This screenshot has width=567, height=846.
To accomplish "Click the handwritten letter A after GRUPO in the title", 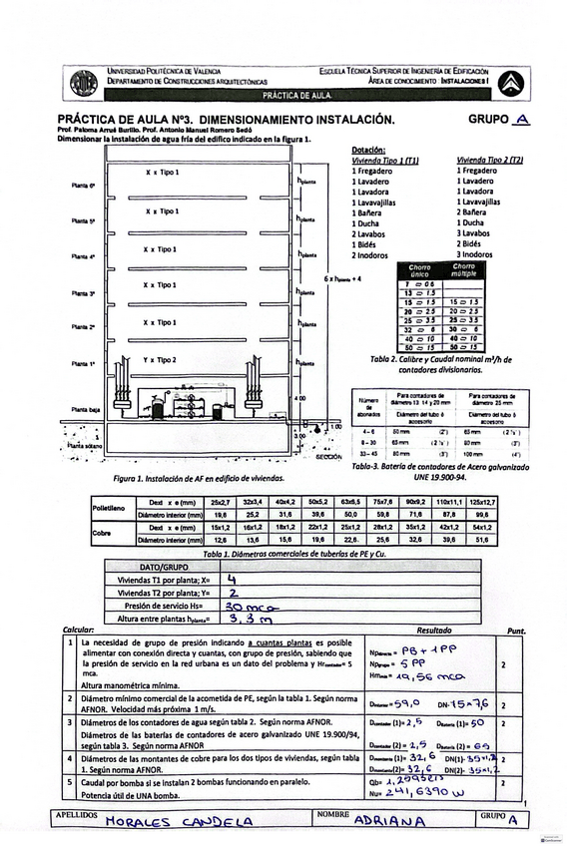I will coord(518,120).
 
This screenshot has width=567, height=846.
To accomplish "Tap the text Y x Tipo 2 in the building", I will coord(160,359).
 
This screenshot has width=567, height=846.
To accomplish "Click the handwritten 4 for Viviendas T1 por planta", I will coord(232,578).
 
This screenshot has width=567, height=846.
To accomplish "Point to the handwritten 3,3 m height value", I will coord(248,620).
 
